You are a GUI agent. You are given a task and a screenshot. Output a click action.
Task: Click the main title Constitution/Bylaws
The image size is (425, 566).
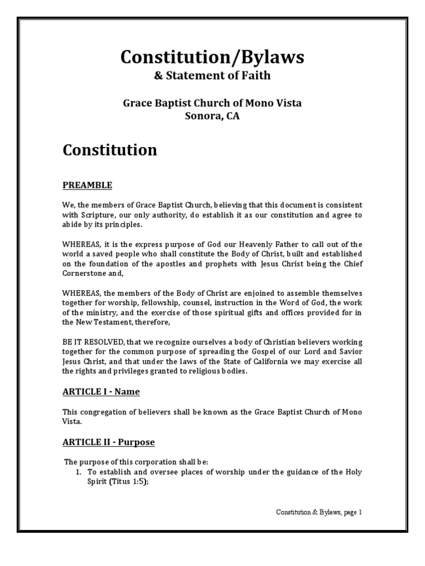tap(212, 57)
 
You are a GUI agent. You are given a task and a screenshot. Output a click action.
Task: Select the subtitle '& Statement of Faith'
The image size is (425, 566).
tap(212, 76)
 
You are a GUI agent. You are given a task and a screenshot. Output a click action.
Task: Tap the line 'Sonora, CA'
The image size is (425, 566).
tap(212, 117)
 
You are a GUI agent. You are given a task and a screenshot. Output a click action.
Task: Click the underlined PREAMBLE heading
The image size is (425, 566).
tap(87, 185)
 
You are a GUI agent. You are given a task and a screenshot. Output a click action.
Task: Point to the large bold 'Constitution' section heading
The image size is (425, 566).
tap(110, 150)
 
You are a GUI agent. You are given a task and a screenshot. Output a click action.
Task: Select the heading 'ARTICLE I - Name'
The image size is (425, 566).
tap(101, 392)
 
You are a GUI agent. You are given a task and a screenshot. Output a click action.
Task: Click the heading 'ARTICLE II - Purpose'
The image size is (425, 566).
tap(108, 442)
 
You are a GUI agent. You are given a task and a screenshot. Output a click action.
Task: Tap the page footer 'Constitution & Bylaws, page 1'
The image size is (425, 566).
tap(319, 512)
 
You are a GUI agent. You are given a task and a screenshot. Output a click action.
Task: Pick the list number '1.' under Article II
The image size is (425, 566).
tap(79, 471)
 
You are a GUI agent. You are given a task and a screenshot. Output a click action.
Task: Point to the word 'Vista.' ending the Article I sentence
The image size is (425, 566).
tap(72, 421)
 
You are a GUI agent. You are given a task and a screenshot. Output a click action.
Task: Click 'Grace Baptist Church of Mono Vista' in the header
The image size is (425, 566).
tap(212, 102)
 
